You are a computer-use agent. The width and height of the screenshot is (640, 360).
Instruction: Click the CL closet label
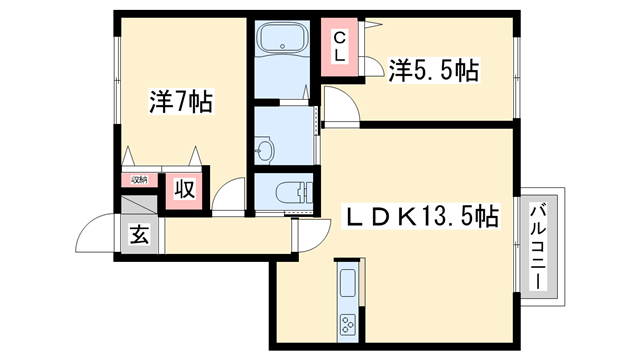coord(340,47)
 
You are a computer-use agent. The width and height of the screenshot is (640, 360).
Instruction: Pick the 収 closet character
coord(185,189)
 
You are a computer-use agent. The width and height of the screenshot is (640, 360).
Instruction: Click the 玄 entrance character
coord(139,237)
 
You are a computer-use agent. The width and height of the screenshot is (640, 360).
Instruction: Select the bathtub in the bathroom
coord(284,42)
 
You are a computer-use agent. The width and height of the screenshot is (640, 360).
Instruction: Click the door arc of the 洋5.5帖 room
coord(336,103)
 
